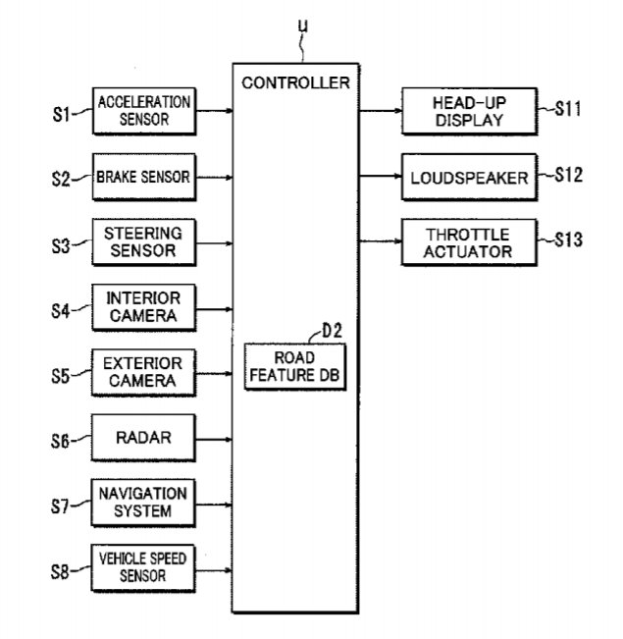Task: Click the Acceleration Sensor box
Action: click(143, 111)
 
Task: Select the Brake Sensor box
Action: click(143, 178)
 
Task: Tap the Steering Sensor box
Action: click(143, 241)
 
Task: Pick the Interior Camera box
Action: click(143, 305)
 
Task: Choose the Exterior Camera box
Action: click(143, 371)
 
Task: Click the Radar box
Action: click(143, 438)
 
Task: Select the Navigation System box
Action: click(143, 502)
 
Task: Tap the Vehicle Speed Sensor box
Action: click(143, 566)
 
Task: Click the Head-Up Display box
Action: click(468, 112)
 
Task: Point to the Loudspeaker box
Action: click(468, 178)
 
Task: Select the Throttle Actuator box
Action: click(468, 242)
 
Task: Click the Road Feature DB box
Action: click(294, 366)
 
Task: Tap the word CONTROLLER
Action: click(295, 82)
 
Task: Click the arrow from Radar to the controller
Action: click(213, 438)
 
